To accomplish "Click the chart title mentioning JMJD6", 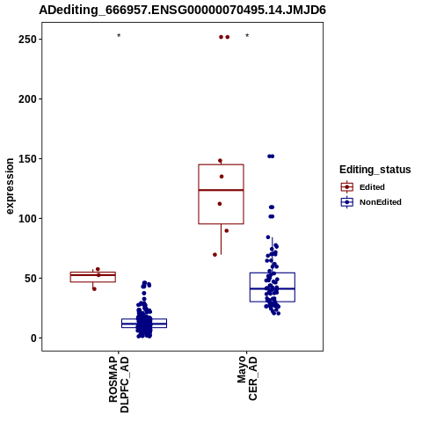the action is (182, 11).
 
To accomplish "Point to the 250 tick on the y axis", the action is (27, 40).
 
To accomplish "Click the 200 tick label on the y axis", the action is (27, 99).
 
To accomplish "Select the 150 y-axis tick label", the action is (27, 159).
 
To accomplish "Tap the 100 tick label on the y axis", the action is (27, 219).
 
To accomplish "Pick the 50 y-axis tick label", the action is (31, 279).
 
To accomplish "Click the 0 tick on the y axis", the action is (33, 338).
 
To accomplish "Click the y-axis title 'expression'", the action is (10, 186).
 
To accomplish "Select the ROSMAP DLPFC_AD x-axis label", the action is (119, 384).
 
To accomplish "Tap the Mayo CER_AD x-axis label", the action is (247, 378).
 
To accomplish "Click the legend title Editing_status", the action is (375, 170).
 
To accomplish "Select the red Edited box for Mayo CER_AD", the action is (221, 164).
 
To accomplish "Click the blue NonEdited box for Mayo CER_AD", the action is (273, 273).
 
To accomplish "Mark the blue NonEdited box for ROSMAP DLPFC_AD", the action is (144, 319).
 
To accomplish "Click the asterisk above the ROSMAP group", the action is (119, 36).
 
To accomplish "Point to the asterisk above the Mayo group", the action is (247, 36).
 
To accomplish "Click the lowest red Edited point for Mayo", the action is (215, 255).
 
